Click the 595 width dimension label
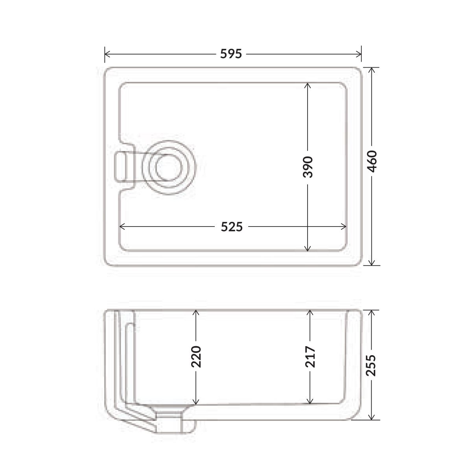tap(231, 54)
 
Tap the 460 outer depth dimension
tap(372, 161)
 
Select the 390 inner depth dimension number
tap(308, 167)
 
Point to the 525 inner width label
tap(231, 227)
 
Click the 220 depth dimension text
tap(196, 357)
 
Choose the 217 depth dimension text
tap(310, 357)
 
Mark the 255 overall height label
tap(371, 365)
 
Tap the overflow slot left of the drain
tap(121, 166)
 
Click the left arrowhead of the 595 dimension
tap(107, 54)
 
